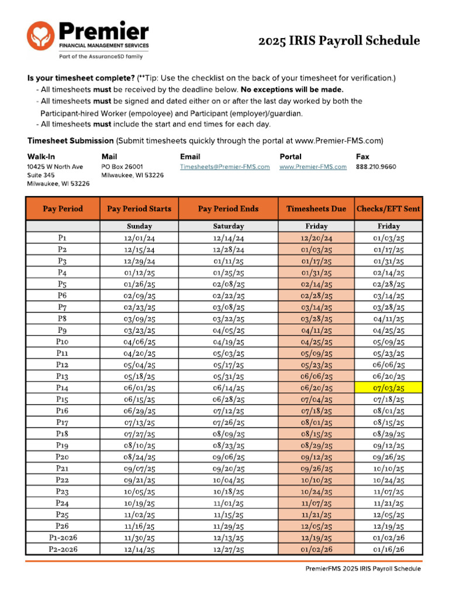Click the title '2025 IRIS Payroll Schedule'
coord(340,40)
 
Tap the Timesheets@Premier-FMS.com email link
coord(224,167)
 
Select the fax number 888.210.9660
coord(376,167)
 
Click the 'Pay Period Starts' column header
coord(139,209)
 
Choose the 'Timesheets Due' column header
coord(316,209)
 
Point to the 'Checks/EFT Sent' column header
coord(388,209)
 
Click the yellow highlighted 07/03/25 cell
coord(389,387)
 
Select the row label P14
coord(63,387)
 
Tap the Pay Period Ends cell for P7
coord(229,307)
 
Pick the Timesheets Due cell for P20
coord(316,457)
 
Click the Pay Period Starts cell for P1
coord(139,238)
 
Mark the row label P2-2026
coord(63,549)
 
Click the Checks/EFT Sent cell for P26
coord(389,526)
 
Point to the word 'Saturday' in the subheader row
coord(229,226)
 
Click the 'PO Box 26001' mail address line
coord(122,167)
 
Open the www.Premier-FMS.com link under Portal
coord(313,167)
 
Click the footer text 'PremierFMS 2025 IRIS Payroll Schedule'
coord(362,569)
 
